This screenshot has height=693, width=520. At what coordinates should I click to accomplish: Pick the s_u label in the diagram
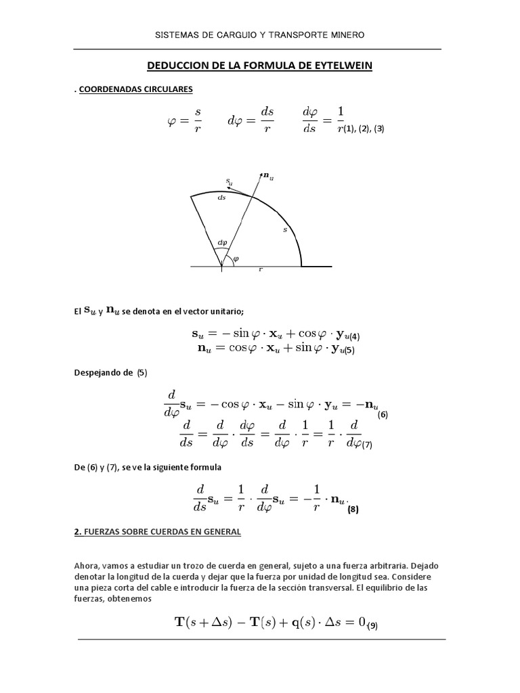tap(229, 181)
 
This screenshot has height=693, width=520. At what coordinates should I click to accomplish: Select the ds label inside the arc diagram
tap(221, 198)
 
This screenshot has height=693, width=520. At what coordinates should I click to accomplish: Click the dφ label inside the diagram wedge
tap(221, 243)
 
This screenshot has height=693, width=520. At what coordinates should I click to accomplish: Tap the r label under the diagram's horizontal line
tap(261, 269)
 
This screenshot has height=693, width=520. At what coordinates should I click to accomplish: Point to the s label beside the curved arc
tap(285, 230)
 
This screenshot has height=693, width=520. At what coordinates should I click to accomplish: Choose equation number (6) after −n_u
tap(383, 414)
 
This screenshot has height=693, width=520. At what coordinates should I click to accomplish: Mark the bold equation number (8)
tap(353, 510)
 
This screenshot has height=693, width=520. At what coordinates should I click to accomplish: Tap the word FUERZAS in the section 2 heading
tap(104, 533)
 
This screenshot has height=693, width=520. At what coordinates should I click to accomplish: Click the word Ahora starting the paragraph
tap(88, 565)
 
